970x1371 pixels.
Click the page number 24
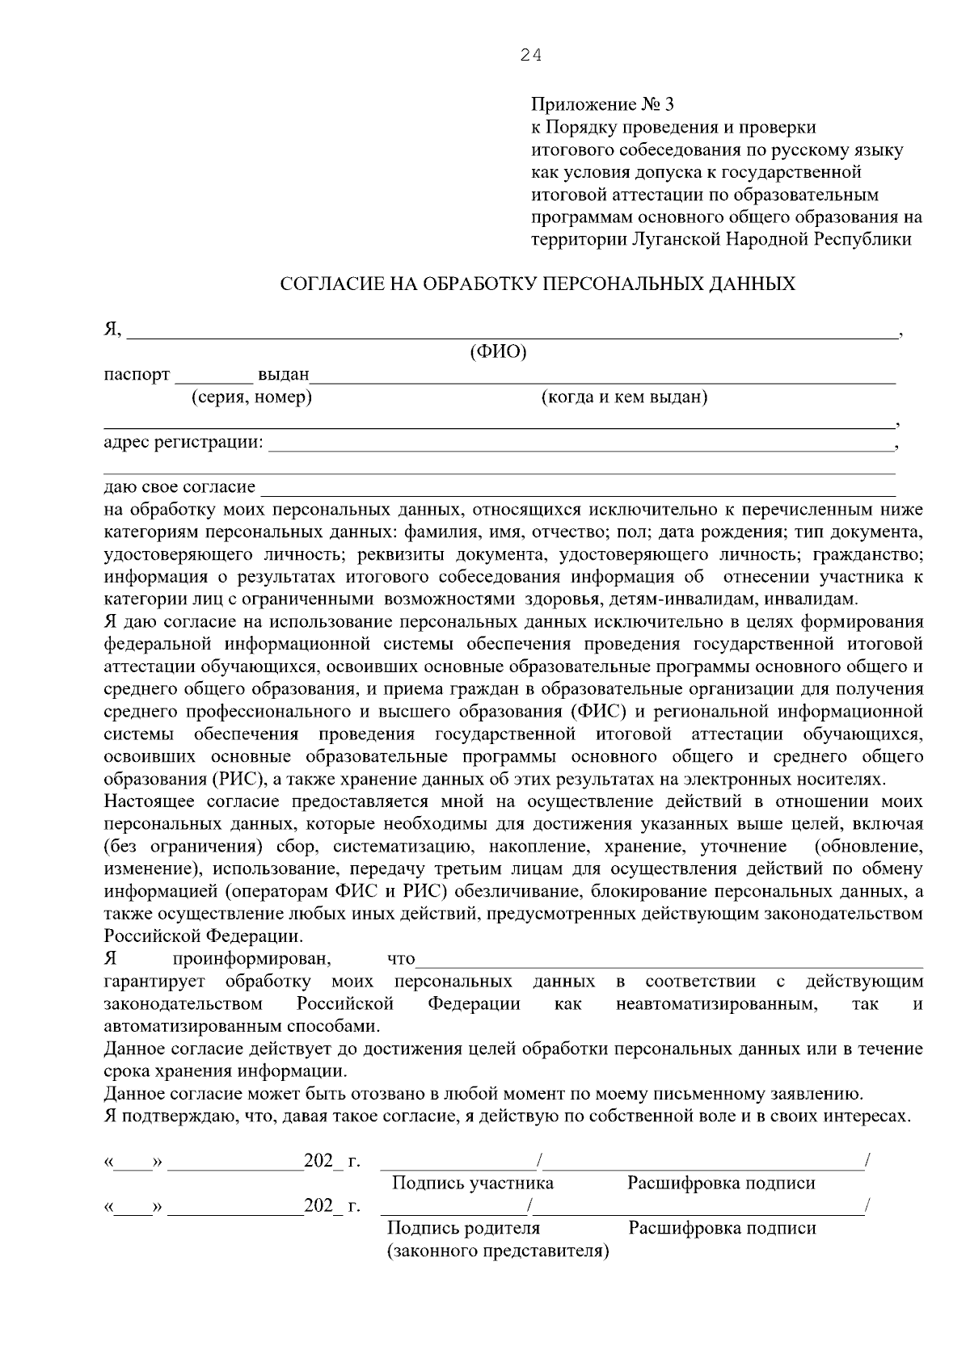531,55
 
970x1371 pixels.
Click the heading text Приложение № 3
602,105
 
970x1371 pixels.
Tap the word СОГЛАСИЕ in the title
333,284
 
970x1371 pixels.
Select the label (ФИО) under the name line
498,352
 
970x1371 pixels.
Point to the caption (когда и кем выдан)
624,397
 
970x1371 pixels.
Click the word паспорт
137,375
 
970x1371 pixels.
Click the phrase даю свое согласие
179,487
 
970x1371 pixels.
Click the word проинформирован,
251,960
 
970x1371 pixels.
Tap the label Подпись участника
473,1184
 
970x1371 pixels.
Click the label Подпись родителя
464,1228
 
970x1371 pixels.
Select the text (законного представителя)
498,1251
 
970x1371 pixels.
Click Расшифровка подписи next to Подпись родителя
722,1228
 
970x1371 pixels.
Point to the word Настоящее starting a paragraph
151,802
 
